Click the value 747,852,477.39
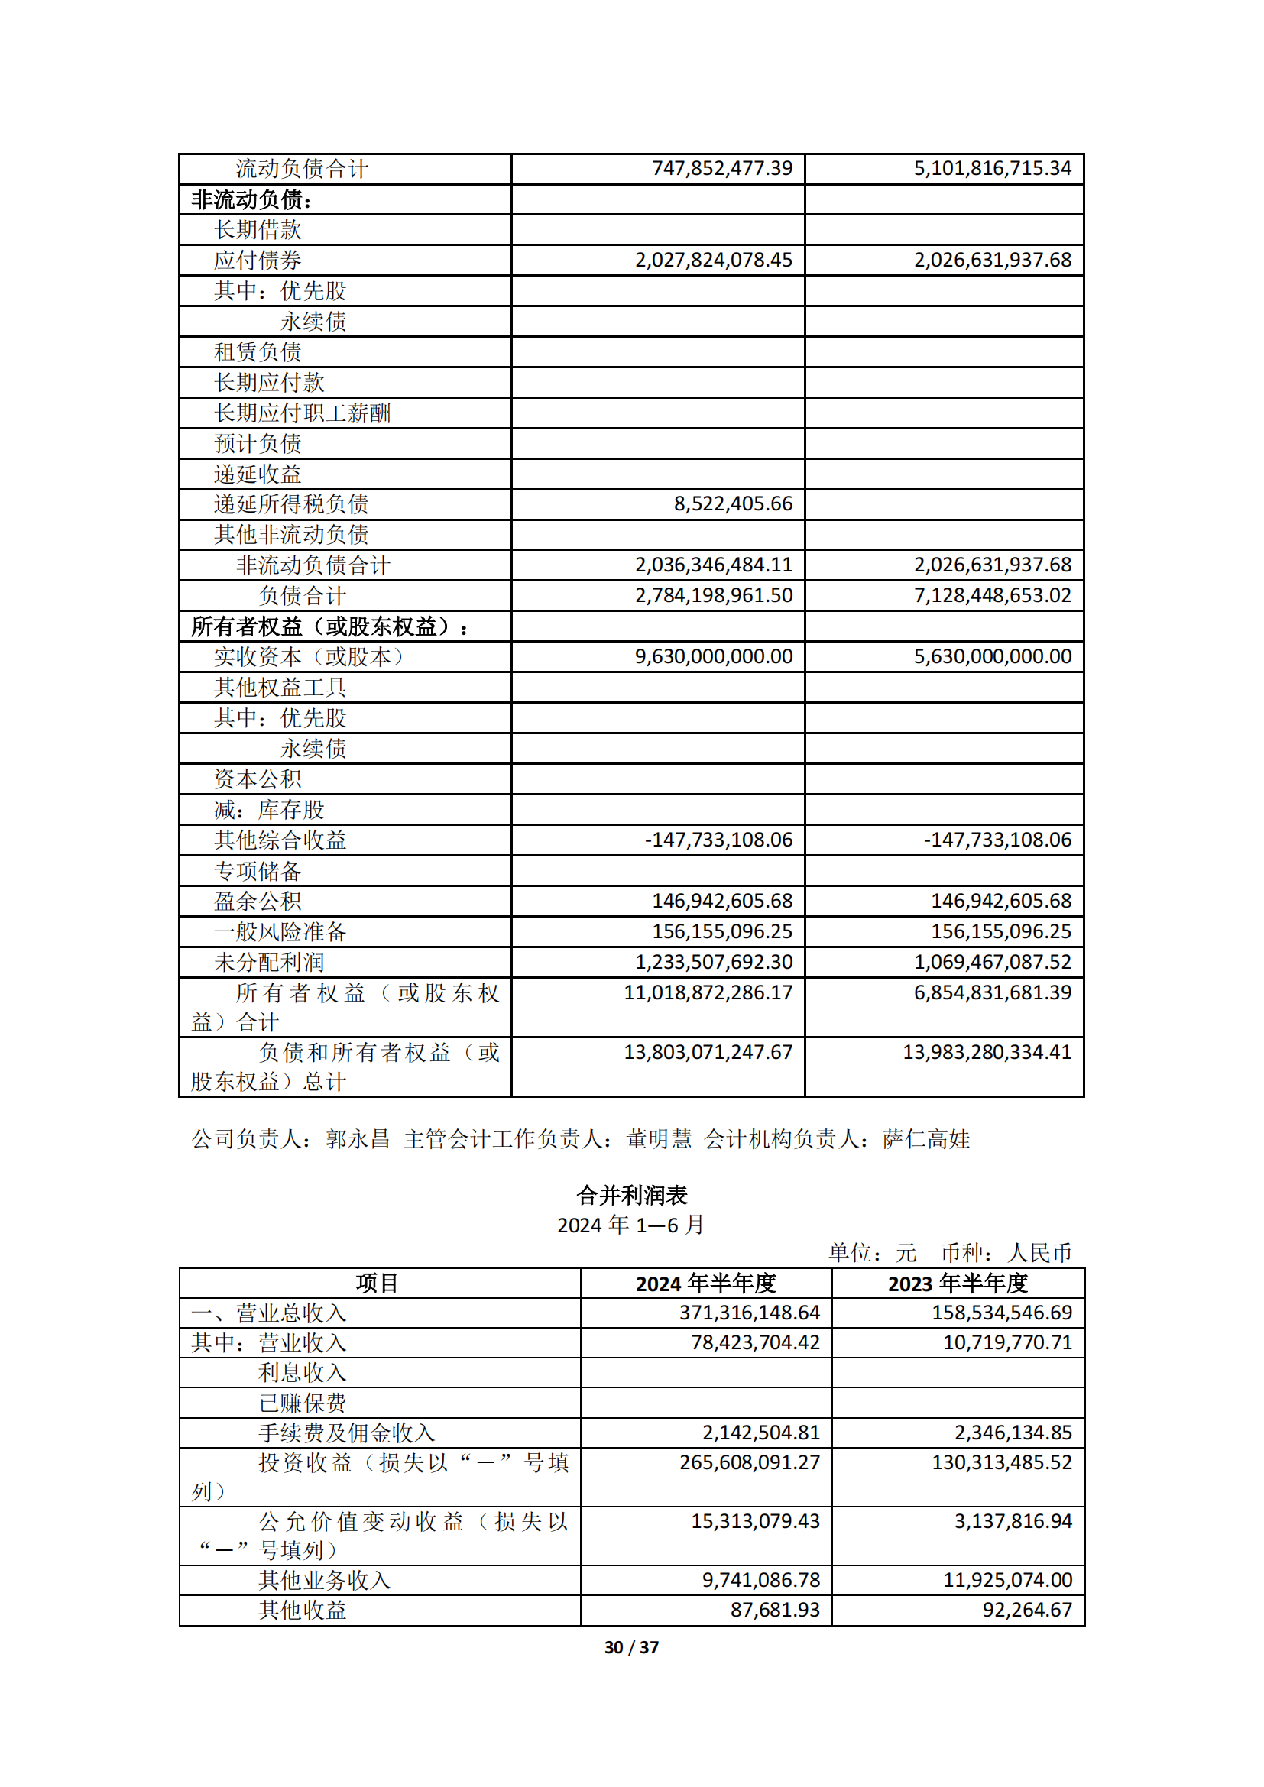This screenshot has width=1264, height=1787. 721,168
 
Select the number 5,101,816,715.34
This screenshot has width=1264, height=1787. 993,168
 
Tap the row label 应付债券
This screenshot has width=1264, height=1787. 258,260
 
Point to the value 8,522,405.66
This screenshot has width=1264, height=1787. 733,503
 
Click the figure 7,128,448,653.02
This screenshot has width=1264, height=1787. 993,595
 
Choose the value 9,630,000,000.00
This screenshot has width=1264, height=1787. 714,656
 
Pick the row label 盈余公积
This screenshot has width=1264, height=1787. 258,901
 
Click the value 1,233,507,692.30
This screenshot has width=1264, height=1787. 714,962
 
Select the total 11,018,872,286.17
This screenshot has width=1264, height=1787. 708,992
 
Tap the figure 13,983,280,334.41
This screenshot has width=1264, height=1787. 987,1052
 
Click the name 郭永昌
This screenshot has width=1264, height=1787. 358,1139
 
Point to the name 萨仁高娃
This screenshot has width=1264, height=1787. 926,1139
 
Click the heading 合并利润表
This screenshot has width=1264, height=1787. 631,1195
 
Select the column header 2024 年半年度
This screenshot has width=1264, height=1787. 706,1284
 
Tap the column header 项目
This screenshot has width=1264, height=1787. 378,1284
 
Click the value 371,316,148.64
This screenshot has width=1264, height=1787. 750,1313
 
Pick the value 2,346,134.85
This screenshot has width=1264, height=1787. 1013,1433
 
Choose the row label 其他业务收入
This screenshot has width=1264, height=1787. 325,1581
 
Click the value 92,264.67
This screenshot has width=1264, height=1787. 1026,1611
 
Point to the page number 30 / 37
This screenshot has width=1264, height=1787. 631,1648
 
